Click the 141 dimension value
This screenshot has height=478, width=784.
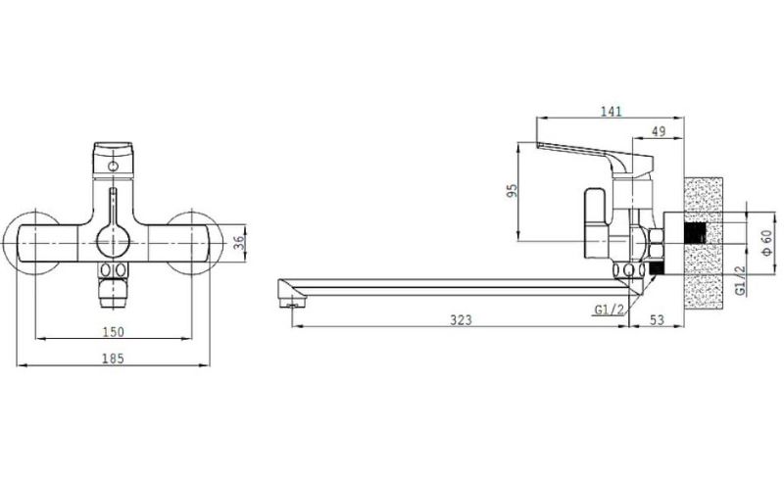click(x=611, y=111)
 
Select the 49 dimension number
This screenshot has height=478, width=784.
click(x=659, y=131)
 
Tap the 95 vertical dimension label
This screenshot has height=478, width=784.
click(x=512, y=190)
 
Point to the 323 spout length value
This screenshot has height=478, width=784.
click(x=461, y=320)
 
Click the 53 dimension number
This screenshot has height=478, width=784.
click(x=657, y=320)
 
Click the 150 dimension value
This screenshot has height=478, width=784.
click(x=113, y=331)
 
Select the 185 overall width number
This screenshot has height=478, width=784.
click(x=113, y=358)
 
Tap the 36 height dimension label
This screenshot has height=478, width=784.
click(x=239, y=243)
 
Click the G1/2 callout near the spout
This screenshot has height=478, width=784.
click(x=609, y=310)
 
